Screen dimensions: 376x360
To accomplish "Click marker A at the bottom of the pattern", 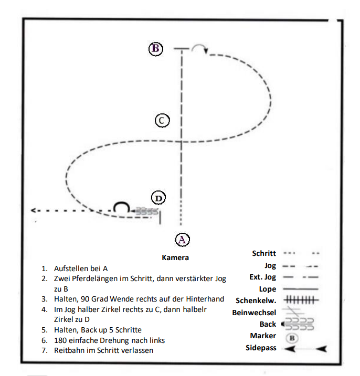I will click(x=182, y=240).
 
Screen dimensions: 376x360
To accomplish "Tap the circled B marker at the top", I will click(x=156, y=49).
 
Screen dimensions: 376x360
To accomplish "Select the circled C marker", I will click(x=162, y=121).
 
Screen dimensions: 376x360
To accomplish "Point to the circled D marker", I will click(x=158, y=198).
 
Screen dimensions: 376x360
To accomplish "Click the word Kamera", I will click(x=175, y=257).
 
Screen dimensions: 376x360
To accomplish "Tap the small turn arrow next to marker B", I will click(x=199, y=49).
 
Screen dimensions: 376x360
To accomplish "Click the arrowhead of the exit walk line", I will click(x=33, y=210).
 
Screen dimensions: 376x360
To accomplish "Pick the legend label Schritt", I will click(x=264, y=253).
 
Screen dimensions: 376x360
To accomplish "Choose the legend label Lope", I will click(x=267, y=289).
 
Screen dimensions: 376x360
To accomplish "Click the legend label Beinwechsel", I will click(x=253, y=313).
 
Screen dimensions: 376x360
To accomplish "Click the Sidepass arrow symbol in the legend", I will click(x=304, y=348).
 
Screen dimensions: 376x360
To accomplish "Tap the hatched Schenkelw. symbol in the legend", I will click(x=301, y=300).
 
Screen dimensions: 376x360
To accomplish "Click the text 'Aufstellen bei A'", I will click(x=81, y=268).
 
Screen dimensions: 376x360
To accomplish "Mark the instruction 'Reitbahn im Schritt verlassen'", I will click(x=104, y=350).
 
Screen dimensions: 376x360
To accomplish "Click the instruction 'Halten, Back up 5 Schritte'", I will click(x=99, y=330).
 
